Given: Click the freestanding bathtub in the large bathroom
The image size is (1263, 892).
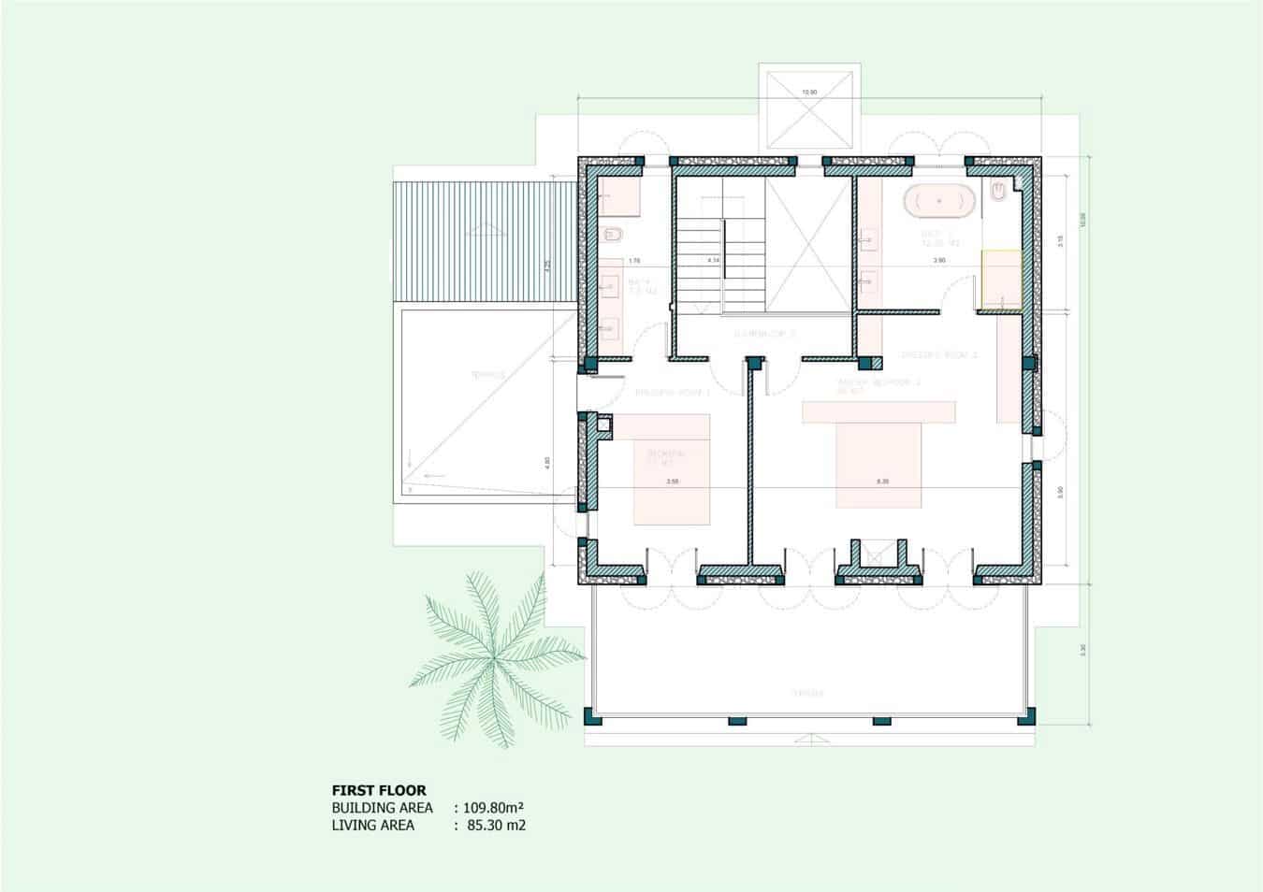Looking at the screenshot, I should coord(939,201).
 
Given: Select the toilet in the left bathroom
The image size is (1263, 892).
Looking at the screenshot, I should coord(614,234).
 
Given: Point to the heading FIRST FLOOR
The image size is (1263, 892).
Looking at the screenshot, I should coord(379,790).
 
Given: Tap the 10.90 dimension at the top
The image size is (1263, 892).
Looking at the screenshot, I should coord(809,93).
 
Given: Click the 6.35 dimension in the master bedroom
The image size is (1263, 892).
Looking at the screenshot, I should coord(882,482).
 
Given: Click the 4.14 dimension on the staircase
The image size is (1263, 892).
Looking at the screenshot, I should coord(713,260).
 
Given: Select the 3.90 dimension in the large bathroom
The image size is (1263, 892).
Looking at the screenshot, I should coord(938,260).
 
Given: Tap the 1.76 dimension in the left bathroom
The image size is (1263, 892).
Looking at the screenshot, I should coord(633,260).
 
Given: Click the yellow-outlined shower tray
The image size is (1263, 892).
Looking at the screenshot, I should coord(1000,280).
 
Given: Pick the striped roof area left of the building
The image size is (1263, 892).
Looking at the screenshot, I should coord(484,242).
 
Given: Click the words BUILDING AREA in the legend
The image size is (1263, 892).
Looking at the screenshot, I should coord(382,808).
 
